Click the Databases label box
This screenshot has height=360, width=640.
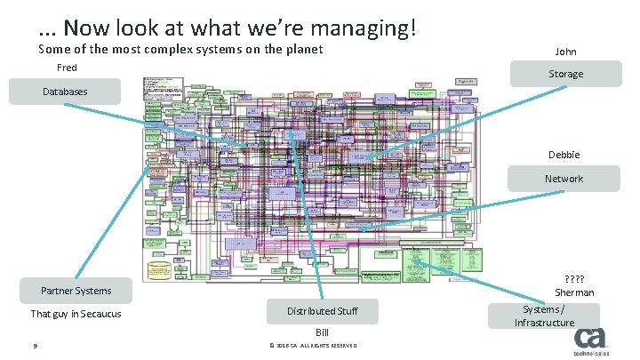pos(66,91)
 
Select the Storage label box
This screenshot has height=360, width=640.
pos(565,74)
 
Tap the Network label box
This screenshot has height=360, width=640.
pos(564,179)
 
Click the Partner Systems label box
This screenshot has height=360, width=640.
pos(76,291)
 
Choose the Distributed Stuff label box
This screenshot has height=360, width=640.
pos(322,311)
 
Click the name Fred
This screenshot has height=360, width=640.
pos(67,68)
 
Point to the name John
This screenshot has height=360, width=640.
pos(565,52)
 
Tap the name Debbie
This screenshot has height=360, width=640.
pos(564,155)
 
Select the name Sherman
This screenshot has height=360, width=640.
pos(574,292)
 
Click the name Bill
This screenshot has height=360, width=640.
pos(322,331)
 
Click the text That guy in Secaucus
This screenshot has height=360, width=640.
pos(76,314)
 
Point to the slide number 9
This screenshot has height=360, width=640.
pos(33,347)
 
